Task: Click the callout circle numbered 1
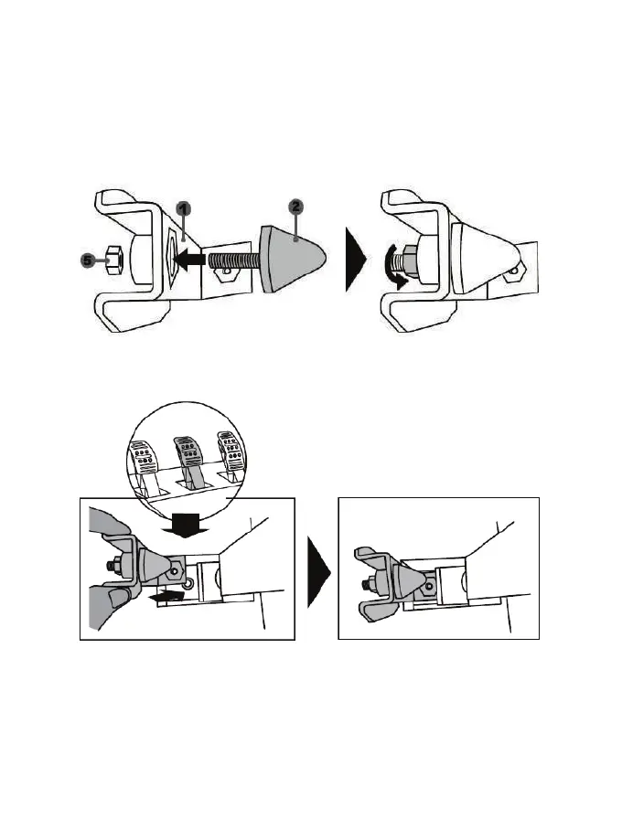click(x=184, y=209)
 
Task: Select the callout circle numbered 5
click(x=88, y=260)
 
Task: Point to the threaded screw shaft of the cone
click(x=235, y=260)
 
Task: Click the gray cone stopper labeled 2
click(x=291, y=258)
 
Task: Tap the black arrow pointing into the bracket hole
click(x=190, y=260)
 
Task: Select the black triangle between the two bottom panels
click(x=317, y=571)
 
